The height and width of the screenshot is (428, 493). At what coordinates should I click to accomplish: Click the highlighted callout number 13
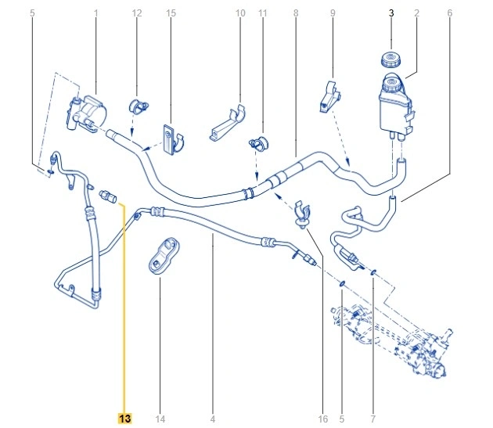124,419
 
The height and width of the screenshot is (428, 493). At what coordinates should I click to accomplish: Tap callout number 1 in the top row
95,13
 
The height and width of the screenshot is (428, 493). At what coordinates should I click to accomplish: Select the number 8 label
296,13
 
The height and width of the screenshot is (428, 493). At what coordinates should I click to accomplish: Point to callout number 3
391,13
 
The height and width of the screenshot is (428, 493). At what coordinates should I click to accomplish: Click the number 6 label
450,13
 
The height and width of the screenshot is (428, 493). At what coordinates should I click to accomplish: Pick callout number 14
160,419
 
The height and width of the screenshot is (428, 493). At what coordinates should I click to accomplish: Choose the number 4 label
212,419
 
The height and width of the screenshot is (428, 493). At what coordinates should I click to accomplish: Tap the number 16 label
322,419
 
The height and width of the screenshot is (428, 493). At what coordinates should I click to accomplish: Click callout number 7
373,419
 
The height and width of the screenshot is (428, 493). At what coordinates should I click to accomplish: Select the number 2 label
416,13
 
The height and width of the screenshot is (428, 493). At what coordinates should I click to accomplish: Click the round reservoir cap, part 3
388,59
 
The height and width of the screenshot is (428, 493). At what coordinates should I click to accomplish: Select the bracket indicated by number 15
172,137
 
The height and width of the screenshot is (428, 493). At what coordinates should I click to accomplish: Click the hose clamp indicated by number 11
257,144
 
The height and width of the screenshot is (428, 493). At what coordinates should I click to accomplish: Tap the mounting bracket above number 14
164,255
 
